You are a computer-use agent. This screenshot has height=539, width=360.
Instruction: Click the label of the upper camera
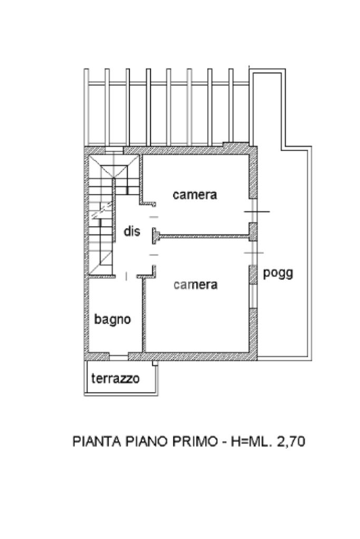coord(195,194)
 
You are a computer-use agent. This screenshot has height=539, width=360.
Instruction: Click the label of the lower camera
coord(196,285)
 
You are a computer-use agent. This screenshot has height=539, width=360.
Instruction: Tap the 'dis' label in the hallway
coord(132,231)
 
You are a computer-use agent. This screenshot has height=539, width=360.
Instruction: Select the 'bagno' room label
coord(112,319)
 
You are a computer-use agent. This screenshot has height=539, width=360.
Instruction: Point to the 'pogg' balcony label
coord(278,273)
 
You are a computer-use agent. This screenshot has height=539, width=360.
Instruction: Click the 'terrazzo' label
coord(115,378)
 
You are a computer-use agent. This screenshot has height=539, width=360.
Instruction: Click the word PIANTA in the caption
coord(95,442)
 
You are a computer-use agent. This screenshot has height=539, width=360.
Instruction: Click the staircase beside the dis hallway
coord(102,216)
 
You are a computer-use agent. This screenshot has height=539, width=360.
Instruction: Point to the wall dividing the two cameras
coord(203,236)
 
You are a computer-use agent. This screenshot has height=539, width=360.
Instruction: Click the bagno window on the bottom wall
coord(119,357)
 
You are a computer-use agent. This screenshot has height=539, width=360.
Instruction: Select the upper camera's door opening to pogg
coord(254,211)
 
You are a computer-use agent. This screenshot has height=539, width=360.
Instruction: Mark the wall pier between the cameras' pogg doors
coord(254,230)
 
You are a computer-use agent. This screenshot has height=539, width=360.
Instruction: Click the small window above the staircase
coord(114,150)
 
